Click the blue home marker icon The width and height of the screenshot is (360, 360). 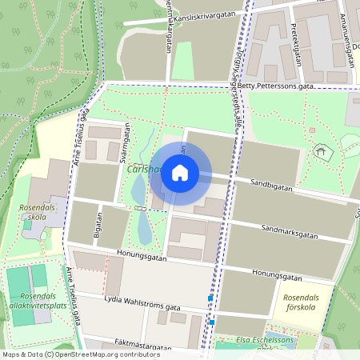pyautogui.click(x=180, y=172)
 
